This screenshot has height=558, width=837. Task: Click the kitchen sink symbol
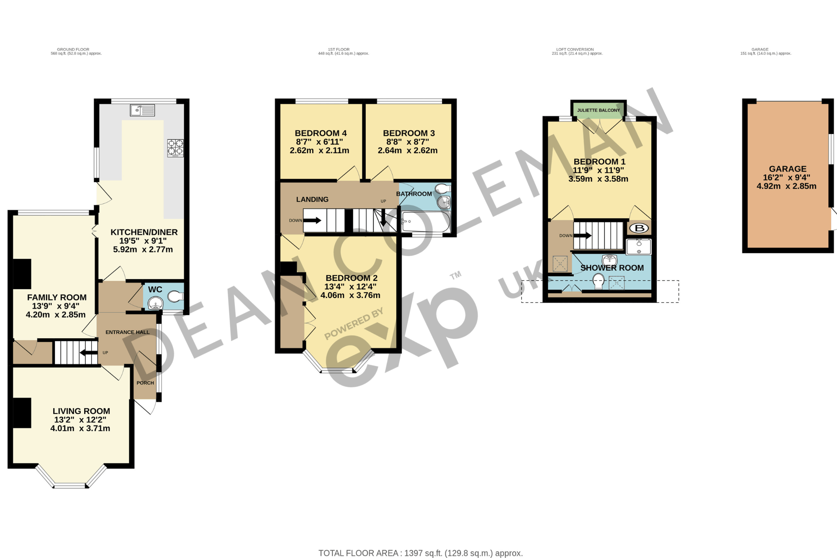coord(142,110)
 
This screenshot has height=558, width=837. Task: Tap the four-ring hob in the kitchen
coord(175,148)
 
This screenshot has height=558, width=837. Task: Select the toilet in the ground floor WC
coord(175,297)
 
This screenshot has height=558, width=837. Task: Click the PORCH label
coord(145,383)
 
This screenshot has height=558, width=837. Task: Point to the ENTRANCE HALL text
coord(127,332)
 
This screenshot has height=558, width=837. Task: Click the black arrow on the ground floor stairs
coord(88,352)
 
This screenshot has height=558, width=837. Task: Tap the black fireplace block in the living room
coord(22,413)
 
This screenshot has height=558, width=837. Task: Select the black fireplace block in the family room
coord(22,274)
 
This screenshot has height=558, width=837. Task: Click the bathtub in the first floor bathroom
coord(426,222)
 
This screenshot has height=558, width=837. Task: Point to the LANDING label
coord(312,200)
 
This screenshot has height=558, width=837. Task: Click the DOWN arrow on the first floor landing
coord(312,220)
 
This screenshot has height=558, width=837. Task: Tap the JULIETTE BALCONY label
coord(598,111)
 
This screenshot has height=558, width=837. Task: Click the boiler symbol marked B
coord(639,228)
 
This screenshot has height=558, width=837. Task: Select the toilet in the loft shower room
coord(599,281)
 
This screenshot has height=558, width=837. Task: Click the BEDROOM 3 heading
coord(409,133)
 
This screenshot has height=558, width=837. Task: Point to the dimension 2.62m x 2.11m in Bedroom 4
coord(319,151)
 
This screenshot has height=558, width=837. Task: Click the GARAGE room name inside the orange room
coord(788,169)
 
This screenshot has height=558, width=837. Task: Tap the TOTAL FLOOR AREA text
coord(421,553)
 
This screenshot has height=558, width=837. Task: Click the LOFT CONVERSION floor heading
coord(575,49)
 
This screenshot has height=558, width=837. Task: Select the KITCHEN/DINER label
coord(144,232)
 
